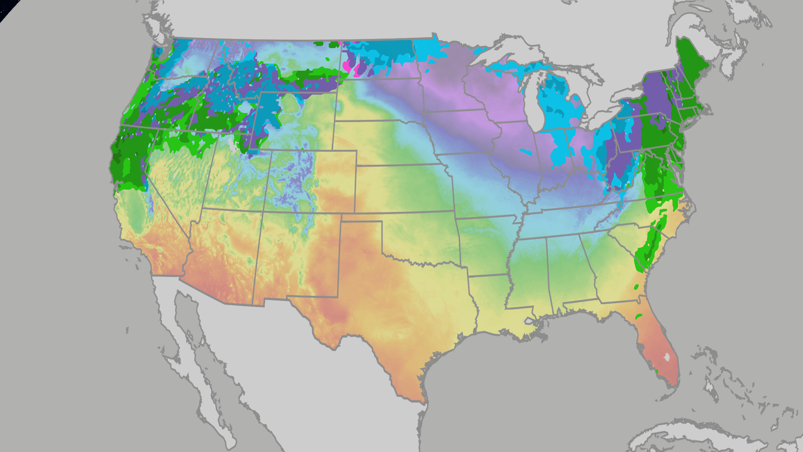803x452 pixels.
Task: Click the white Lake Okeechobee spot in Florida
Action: click(667, 357)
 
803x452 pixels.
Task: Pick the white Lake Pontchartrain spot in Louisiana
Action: click(529, 321)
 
